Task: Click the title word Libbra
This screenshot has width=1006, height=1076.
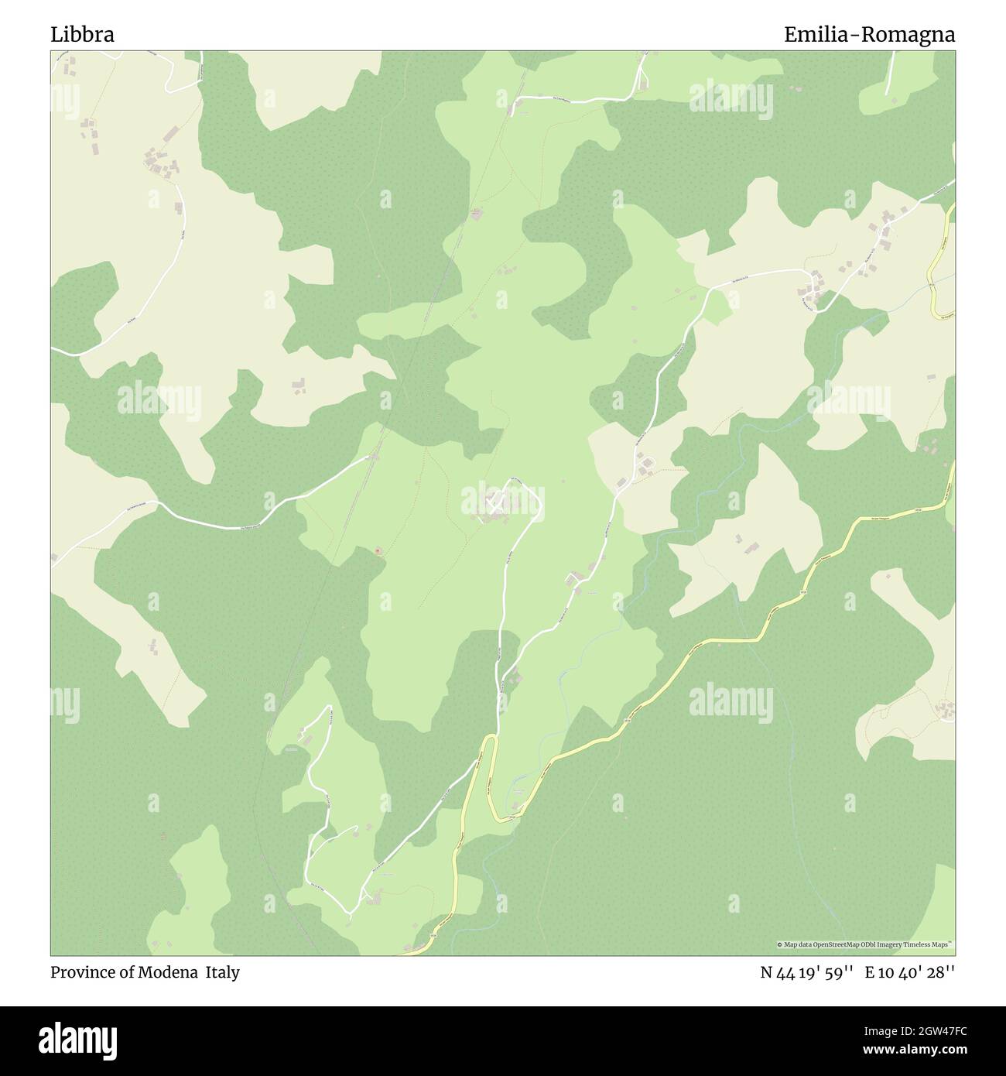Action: point(83,34)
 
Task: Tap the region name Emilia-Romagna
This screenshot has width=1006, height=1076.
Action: point(869,34)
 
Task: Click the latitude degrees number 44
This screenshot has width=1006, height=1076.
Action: point(786,972)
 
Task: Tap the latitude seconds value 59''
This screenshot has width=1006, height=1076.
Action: point(837,972)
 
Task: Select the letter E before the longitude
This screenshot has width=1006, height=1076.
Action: point(871,972)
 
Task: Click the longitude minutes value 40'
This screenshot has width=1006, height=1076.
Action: point(910,972)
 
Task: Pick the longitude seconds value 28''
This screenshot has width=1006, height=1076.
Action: point(940,972)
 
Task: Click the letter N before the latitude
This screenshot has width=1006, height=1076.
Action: point(766,972)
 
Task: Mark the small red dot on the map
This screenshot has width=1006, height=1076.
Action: point(378,551)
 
